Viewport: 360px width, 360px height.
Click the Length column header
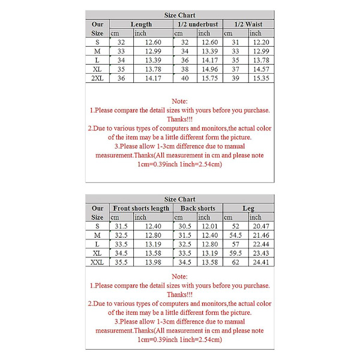coord(141,24)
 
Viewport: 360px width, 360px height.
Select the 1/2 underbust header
coord(197,24)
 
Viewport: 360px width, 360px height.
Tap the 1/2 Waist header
coord(248,24)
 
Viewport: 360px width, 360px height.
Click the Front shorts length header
coord(141,208)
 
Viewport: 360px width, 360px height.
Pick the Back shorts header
coord(197,208)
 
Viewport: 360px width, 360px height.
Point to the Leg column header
coord(248,208)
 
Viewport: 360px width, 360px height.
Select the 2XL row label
coord(97,78)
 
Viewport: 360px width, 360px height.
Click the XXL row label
coord(97,262)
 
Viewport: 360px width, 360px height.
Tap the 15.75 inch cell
coord(209,78)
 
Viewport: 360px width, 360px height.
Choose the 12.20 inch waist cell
coord(260,42)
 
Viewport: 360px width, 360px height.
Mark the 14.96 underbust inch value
coord(209,69)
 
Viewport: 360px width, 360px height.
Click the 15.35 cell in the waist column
coord(260,78)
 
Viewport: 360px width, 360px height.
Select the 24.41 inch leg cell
coord(260,262)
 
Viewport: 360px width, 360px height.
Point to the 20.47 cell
coord(260,226)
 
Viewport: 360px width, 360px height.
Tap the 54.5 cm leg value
coord(235,235)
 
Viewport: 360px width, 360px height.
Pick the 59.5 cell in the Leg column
coord(235,253)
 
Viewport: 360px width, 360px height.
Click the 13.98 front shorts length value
coord(153,262)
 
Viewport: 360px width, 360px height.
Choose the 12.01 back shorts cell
coord(209,226)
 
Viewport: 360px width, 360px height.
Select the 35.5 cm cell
coord(121,262)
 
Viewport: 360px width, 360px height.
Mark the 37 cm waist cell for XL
coord(235,69)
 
